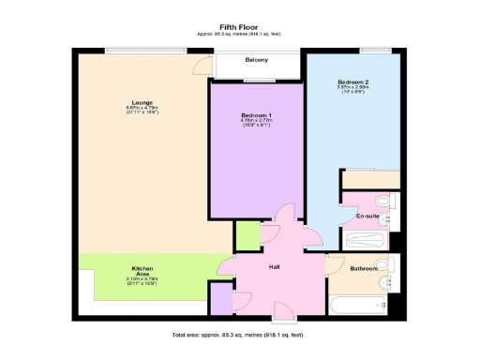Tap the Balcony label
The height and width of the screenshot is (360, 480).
[257, 61]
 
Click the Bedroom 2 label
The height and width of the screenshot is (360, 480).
[353, 82]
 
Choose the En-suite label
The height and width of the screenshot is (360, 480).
[367, 217]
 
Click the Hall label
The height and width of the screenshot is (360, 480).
[274, 267]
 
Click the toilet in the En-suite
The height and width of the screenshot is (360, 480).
[380, 202]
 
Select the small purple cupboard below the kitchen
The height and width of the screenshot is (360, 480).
[222, 300]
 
